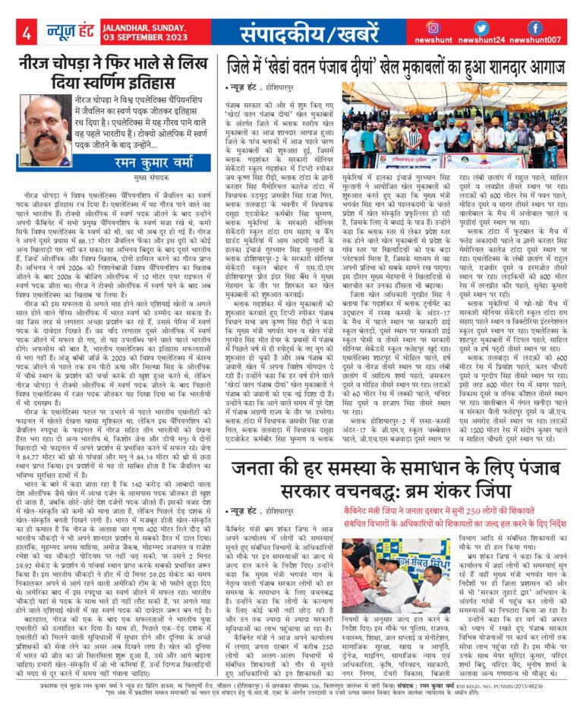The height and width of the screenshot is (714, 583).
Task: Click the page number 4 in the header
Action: click(27, 33)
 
